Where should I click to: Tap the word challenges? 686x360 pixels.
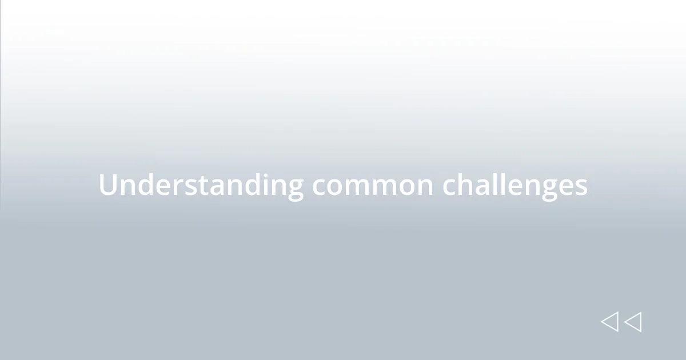[x=514, y=185]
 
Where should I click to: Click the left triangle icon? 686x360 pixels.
[x=609, y=322]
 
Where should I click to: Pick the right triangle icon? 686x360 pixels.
[x=633, y=322]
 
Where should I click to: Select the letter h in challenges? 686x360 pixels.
[x=465, y=185]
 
